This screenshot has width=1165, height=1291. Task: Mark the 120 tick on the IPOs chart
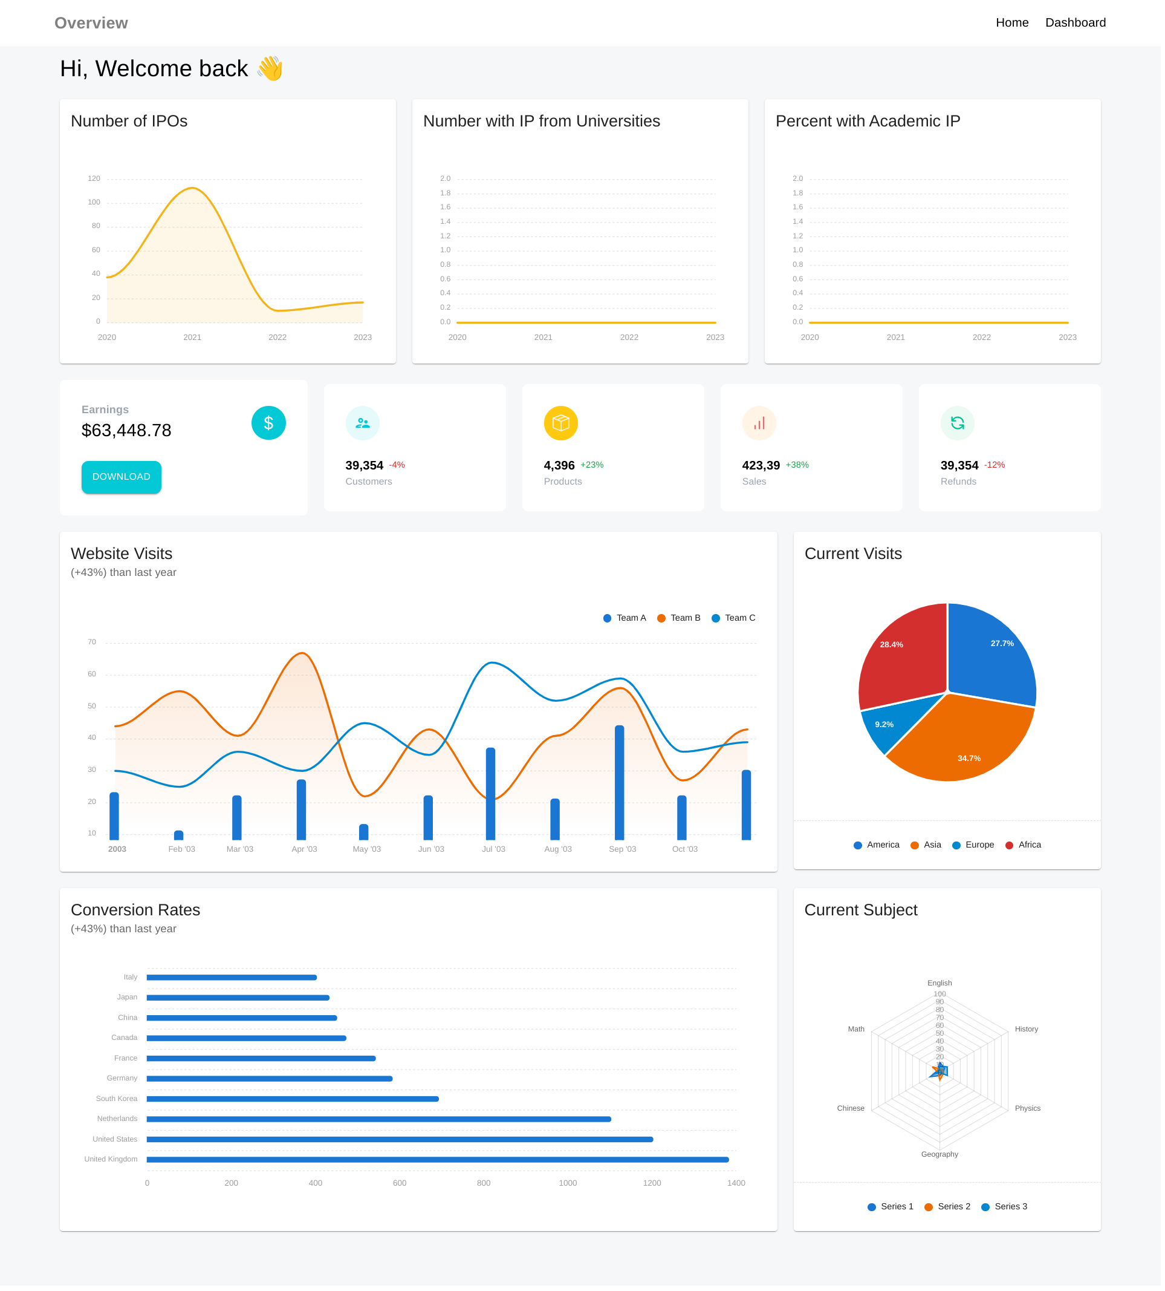[x=94, y=179]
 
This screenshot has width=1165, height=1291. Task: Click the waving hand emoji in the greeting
[x=271, y=69]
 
